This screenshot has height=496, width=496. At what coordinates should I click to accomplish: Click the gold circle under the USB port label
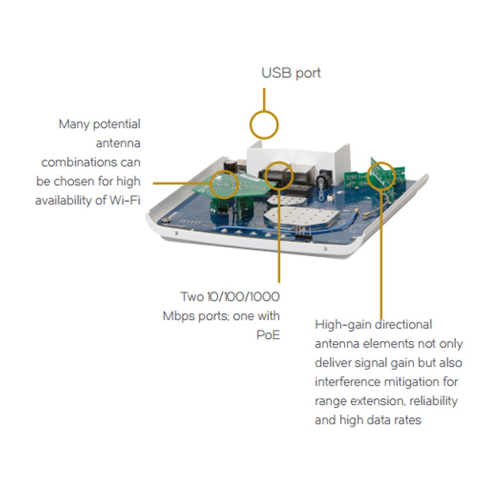pos(263,124)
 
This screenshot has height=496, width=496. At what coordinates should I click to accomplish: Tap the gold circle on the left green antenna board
pos(224,184)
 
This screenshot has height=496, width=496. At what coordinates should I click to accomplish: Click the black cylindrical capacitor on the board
pos(229,166)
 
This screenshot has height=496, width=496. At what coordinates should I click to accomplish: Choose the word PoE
pos(268,335)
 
